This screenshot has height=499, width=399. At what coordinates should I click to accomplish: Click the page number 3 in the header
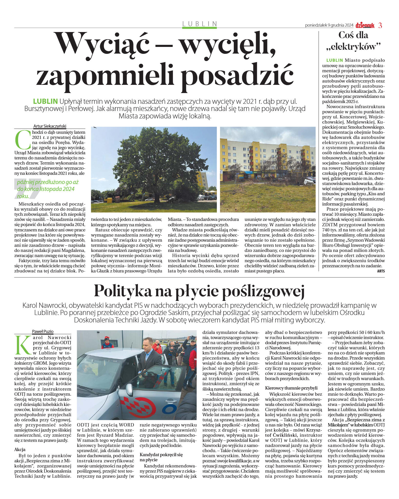(380, 25)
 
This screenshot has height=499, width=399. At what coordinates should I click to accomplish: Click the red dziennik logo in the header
(365, 25)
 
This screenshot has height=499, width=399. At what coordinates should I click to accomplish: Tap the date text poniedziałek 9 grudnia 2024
(329, 25)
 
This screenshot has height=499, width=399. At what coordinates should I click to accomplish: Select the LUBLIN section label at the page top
(199, 24)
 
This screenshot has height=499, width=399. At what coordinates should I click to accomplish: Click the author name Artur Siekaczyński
(50, 126)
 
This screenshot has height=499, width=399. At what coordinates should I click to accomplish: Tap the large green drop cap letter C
(23, 140)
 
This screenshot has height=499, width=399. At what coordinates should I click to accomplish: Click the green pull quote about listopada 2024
(46, 189)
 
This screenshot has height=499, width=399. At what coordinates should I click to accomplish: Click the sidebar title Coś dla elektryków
(353, 41)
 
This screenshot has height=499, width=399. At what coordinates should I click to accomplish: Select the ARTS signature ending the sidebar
(381, 271)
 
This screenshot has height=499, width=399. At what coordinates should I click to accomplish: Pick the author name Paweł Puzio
(43, 331)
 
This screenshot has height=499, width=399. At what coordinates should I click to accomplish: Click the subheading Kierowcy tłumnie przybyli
(291, 388)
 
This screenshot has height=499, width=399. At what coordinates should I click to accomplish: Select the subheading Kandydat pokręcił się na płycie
(161, 457)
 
